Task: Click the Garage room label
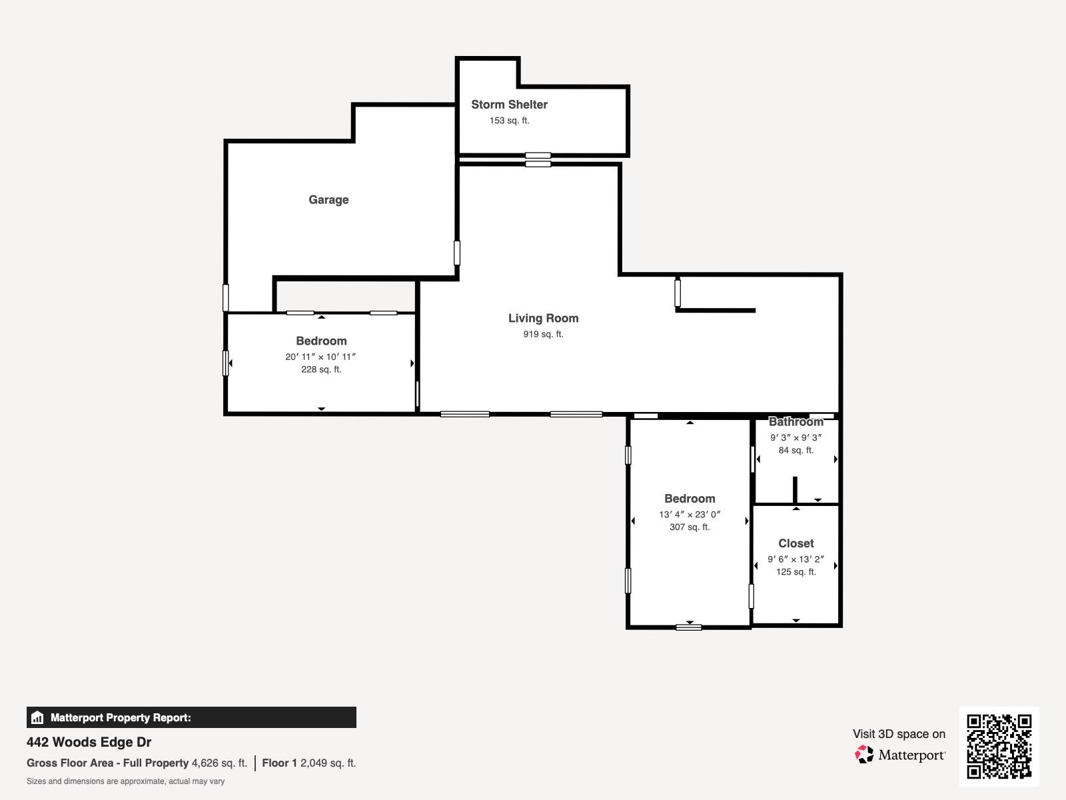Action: pos(328,199)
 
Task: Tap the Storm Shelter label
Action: pos(509,105)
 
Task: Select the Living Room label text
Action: pos(543,318)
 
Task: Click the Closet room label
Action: pos(796,543)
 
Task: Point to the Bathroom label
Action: pos(796,421)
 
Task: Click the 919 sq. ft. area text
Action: pos(543,334)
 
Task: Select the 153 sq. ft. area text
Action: pos(509,121)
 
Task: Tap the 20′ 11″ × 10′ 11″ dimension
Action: pos(320,357)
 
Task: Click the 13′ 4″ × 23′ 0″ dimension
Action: pos(690,514)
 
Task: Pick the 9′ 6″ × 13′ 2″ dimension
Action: pos(796,559)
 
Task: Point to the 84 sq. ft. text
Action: pos(796,450)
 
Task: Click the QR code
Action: pos(999,746)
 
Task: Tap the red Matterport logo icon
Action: pos(864,755)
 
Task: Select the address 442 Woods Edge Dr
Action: pos(89,742)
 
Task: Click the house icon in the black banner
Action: pos(37,717)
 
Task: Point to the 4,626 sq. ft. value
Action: pos(219,763)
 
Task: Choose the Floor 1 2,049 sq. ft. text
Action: pos(309,763)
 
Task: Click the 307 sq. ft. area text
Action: pos(690,527)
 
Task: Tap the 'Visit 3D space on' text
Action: pos(899,734)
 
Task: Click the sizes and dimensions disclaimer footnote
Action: pos(125,781)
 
